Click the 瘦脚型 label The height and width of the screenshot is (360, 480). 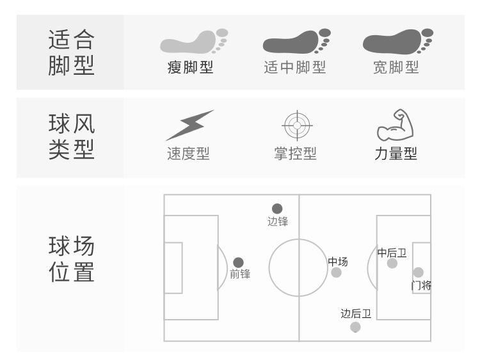(x=190, y=68)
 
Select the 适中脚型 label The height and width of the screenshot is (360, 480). (x=294, y=68)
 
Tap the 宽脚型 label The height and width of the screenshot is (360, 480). (x=396, y=68)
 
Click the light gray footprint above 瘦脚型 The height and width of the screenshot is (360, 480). (x=193, y=42)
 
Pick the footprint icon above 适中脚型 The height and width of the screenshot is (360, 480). (x=296, y=42)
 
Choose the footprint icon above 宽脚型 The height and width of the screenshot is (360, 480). (x=397, y=42)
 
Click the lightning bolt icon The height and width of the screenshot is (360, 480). (x=189, y=125)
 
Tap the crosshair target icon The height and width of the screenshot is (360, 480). (x=296, y=125)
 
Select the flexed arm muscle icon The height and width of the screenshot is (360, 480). (x=395, y=125)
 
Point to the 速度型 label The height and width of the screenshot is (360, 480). (x=188, y=154)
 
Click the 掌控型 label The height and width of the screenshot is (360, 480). (x=295, y=154)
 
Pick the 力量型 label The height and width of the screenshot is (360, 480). (x=396, y=154)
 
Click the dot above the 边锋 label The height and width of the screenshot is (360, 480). (x=277, y=208)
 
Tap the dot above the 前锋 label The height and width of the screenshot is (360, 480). (x=239, y=262)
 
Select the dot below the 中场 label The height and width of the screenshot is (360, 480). (x=337, y=273)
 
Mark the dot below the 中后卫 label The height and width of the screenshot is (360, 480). (x=392, y=263)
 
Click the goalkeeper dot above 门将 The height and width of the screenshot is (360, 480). (x=419, y=272)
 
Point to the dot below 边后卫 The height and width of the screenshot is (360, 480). (x=356, y=327)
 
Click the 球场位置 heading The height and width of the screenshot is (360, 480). (x=71, y=259)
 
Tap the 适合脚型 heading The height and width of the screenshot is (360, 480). (x=71, y=52)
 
